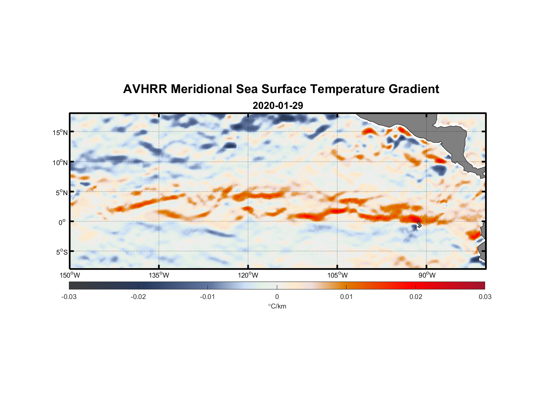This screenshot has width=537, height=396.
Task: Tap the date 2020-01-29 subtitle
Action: point(278,106)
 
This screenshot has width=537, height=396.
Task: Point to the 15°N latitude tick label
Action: point(60,132)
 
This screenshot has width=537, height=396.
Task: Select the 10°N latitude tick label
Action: point(60,162)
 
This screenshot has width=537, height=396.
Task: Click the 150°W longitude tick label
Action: point(70,275)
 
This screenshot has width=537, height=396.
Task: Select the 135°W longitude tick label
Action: point(159,275)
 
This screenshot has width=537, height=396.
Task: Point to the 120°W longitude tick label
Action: point(248,275)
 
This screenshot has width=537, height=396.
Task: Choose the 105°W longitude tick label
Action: point(337,275)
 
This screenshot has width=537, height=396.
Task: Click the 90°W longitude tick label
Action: point(427,275)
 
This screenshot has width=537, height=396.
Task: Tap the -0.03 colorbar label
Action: point(69,297)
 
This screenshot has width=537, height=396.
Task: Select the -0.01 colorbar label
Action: point(208,297)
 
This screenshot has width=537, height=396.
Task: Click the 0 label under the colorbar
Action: point(277,297)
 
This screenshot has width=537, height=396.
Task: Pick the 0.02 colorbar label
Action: point(416,297)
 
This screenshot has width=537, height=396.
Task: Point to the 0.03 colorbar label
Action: point(485,297)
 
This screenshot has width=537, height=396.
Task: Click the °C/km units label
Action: point(277,306)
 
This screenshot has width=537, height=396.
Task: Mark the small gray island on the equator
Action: point(419,224)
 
